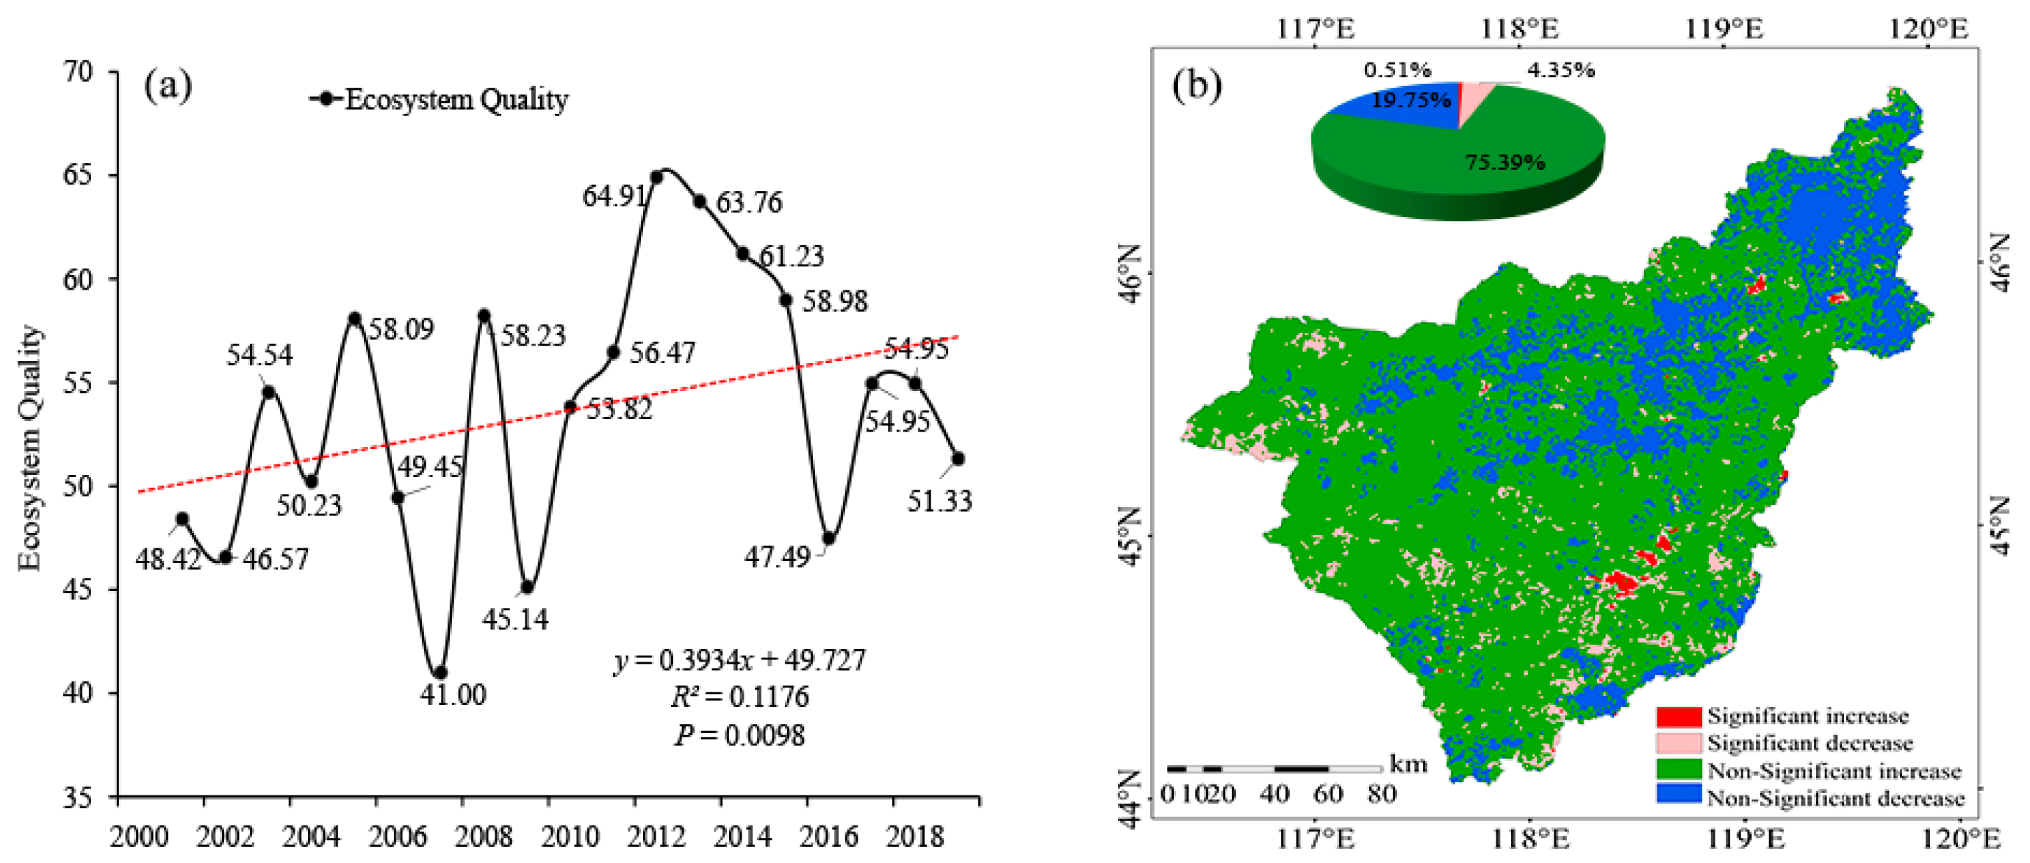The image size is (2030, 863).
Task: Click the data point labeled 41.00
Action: tap(440, 673)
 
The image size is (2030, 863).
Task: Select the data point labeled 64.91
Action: tap(656, 176)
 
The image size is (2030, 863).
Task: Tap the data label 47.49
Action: tap(777, 557)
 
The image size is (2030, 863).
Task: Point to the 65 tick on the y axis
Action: tap(77, 175)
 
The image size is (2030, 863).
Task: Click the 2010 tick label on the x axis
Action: tap(570, 835)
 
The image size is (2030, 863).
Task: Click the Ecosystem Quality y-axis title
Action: tap(30, 447)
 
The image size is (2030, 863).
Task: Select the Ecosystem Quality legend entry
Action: tap(440, 99)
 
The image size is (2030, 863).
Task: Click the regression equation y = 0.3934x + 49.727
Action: tap(739, 659)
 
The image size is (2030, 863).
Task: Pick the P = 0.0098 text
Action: tap(739, 735)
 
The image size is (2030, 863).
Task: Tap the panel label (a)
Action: tap(167, 85)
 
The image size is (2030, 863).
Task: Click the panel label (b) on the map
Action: tap(1197, 85)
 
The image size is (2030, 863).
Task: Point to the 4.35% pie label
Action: tap(1560, 70)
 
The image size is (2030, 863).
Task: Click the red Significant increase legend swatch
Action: tap(1678, 717)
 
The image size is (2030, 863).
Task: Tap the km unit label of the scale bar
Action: tap(1407, 763)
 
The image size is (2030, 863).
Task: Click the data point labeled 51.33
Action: tap(958, 458)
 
